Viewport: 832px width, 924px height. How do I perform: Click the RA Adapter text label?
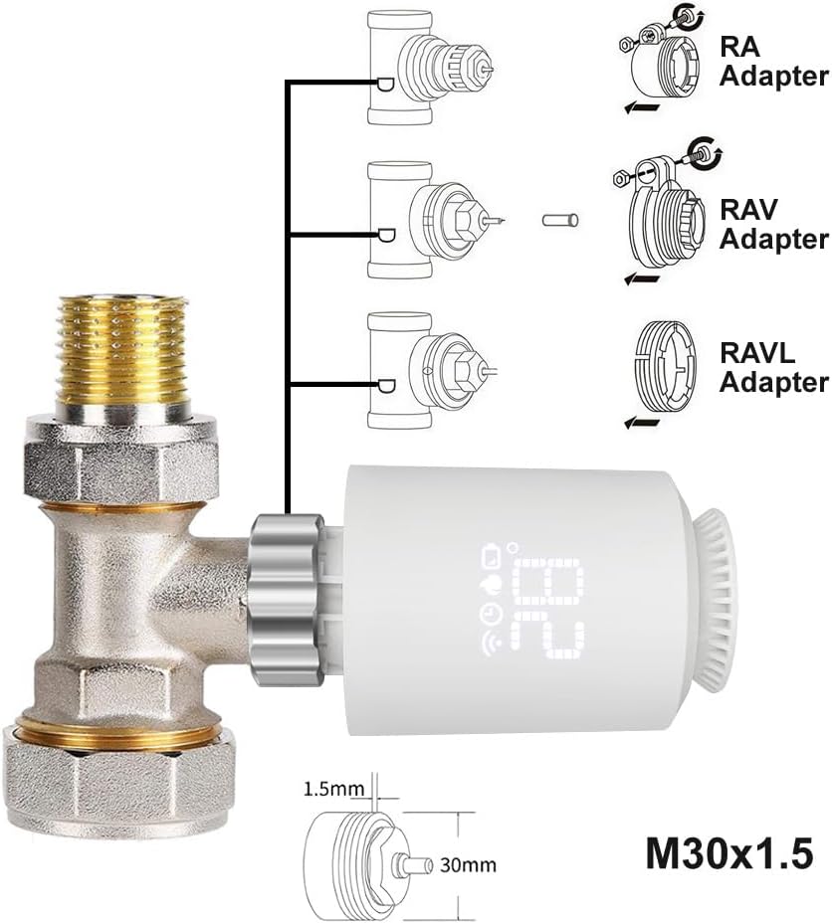click(x=773, y=61)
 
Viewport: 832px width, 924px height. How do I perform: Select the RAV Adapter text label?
click(x=773, y=224)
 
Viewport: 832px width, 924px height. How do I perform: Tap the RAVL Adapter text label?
click(x=773, y=367)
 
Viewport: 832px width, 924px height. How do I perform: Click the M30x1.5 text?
click(x=728, y=852)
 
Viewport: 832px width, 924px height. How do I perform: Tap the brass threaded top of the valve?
click(x=123, y=347)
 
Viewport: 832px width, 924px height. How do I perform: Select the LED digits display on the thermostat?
click(x=550, y=609)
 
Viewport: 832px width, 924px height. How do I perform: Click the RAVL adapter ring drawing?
click(x=661, y=367)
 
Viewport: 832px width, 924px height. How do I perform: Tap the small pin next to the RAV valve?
click(x=560, y=218)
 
